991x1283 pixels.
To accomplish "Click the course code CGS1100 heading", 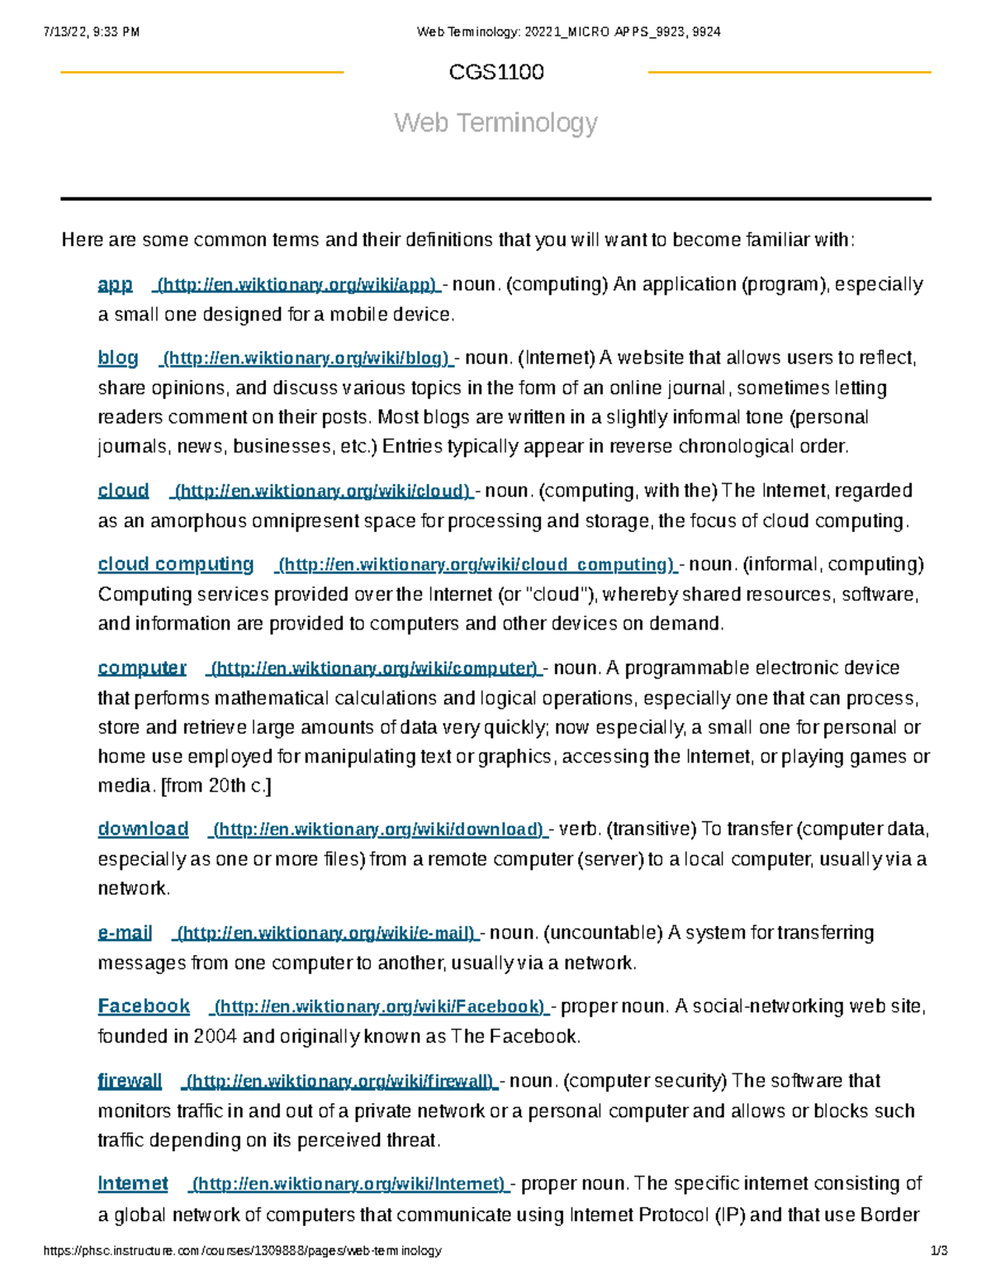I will pos(495,73).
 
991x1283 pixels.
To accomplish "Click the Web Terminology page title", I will pos(495,123).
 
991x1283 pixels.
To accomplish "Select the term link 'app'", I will pos(115,285).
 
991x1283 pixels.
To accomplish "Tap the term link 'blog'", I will pos(118,358).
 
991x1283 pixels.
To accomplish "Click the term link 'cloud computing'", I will pos(176,564).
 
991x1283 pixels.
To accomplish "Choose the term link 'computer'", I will pos(142,668).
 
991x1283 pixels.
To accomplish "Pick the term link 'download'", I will pos(143,829).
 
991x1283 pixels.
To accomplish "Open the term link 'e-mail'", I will pos(125,933).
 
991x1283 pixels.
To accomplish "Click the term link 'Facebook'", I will pos(144,1006).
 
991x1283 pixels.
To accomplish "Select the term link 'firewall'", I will pos(130,1081).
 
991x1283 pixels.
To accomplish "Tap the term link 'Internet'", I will pos(133,1184).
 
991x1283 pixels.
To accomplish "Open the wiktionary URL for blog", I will pos(306,359).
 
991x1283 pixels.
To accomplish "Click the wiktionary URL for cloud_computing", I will pos(477,565).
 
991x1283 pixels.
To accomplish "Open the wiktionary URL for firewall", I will pos(340,1081).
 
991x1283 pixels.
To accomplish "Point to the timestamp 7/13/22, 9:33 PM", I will pos(91,32).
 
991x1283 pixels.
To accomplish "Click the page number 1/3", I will pos(939,1251).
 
